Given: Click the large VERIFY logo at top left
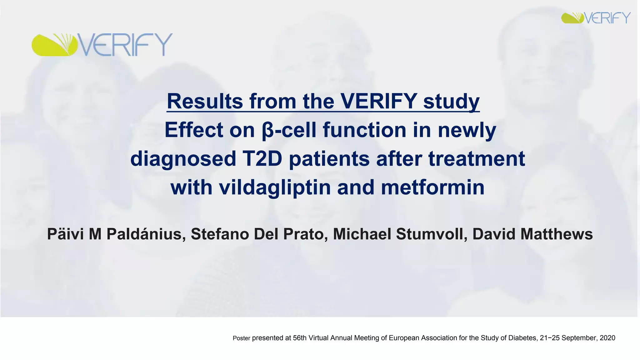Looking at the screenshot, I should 102,45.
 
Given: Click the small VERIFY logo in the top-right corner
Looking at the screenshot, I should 596,18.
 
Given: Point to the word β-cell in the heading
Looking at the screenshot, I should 289,130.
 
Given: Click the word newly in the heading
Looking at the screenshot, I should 467,130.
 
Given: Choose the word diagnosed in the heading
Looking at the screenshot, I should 183,159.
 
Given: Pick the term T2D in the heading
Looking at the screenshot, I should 262,159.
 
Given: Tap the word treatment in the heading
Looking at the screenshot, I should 477,159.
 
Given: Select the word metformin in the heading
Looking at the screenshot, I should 433,187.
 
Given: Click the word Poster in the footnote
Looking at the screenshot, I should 241,338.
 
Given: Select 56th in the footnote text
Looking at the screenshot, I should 300,338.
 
